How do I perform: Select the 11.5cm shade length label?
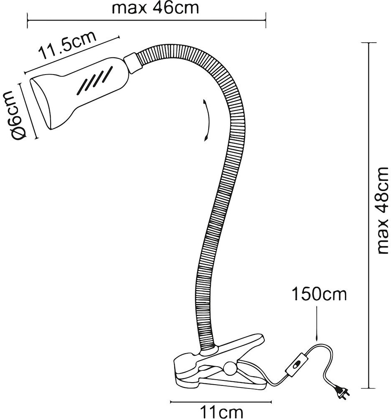[x=67, y=45]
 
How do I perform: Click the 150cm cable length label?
[x=319, y=295]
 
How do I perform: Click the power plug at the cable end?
[x=342, y=392]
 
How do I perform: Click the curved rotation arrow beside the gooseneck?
[x=205, y=121]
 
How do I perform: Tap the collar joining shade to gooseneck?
[x=131, y=63]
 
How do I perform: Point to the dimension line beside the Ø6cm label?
[x=28, y=110]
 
